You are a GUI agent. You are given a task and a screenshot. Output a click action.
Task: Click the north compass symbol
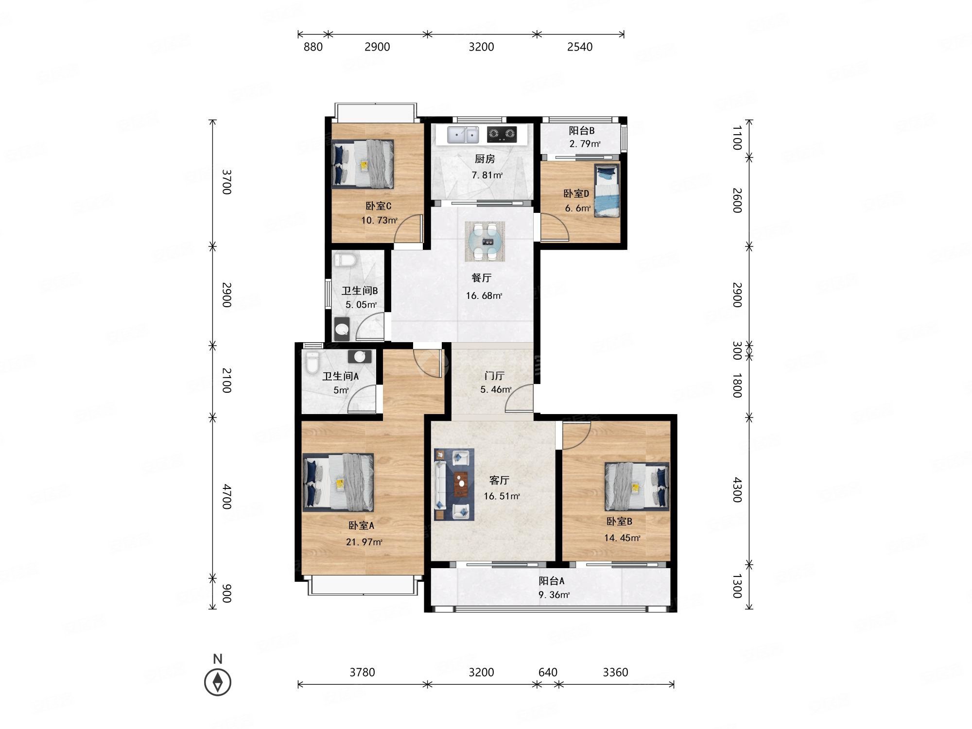[218, 682]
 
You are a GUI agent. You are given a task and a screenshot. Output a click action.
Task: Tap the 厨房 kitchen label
[485, 159]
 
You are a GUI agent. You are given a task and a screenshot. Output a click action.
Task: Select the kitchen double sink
[463, 135]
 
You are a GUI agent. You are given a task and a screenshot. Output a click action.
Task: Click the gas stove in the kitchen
[502, 134]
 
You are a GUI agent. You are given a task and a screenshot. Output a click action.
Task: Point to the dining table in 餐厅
[485, 242]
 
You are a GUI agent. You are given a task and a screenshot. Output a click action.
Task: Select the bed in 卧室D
[607, 191]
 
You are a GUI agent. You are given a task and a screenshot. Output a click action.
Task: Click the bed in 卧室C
[363, 164]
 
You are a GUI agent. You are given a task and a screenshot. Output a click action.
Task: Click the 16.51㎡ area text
[502, 496]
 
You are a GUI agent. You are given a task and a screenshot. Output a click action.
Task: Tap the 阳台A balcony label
[552, 581]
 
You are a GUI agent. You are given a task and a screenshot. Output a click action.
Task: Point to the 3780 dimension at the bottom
[362, 672]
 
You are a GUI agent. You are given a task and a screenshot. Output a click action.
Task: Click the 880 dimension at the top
[313, 47]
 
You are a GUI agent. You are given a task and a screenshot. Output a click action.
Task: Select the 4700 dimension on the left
[226, 496]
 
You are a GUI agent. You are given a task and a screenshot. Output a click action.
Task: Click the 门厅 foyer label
[494, 376]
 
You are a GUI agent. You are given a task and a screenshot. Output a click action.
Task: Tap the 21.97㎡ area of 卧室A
[364, 541]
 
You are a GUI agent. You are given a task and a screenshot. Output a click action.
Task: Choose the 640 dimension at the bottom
[548, 672]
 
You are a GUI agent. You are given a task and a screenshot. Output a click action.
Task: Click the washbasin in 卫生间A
[360, 357]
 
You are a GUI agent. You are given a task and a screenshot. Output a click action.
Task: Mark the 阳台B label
[582, 131]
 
